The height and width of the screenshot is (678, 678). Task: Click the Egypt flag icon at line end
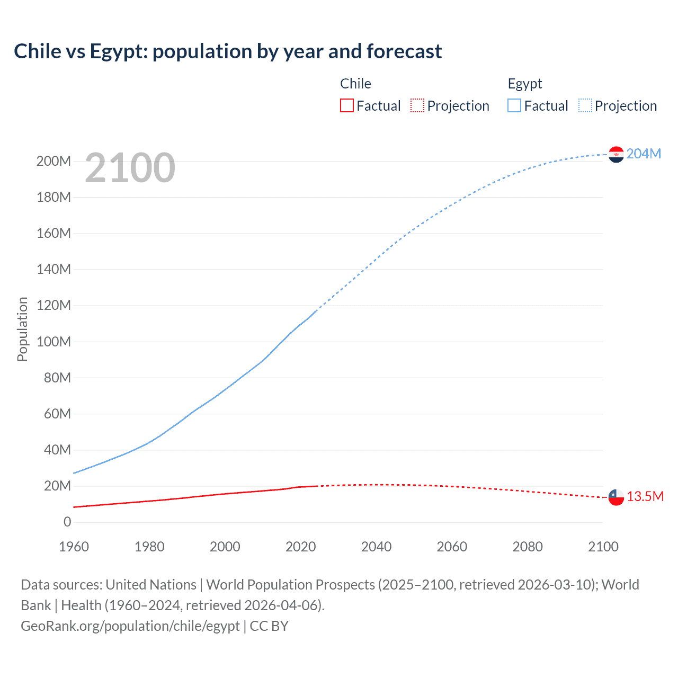click(616, 154)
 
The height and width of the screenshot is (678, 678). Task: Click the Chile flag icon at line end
click(616, 497)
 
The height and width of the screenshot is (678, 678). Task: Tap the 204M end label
click(644, 154)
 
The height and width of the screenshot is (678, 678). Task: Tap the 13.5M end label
click(645, 496)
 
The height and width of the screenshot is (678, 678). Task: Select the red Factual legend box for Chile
click(346, 105)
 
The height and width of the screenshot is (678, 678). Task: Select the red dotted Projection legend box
click(417, 105)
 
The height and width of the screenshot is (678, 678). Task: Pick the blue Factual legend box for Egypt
click(514, 105)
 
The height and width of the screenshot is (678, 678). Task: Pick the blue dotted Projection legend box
click(585, 105)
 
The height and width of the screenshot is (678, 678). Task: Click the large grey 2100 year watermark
click(130, 167)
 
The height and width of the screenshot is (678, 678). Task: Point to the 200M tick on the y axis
click(53, 161)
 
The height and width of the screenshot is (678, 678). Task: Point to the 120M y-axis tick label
click(53, 305)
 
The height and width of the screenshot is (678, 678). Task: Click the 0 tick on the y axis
click(67, 522)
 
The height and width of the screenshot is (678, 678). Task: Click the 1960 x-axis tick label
click(74, 547)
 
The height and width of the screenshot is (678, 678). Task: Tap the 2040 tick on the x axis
click(376, 547)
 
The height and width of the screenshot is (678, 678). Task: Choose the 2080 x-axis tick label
click(528, 547)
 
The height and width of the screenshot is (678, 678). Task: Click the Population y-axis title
click(22, 329)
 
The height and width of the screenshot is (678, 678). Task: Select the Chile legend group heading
click(355, 84)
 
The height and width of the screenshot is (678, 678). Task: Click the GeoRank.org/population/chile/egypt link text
click(130, 626)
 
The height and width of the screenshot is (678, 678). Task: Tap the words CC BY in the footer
click(269, 626)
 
